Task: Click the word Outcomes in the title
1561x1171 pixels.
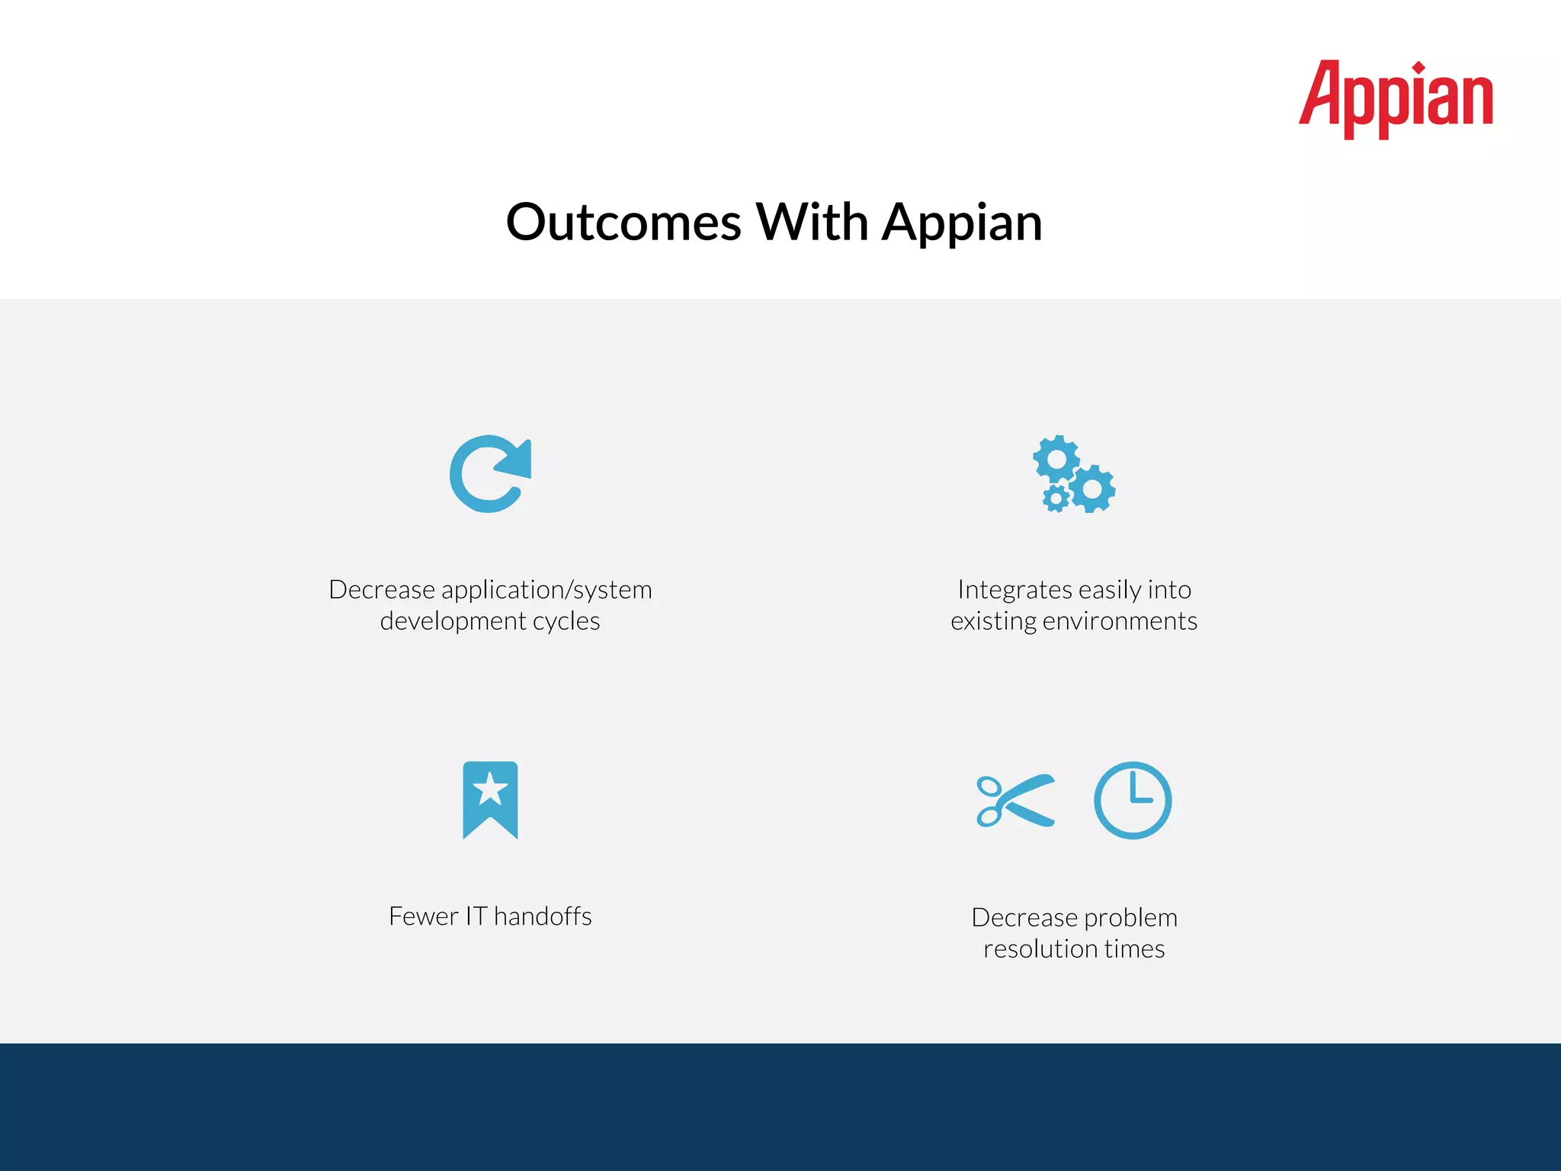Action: coord(623,223)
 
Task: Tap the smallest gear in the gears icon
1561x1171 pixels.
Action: coord(1056,499)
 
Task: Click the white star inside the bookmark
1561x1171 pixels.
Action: coord(490,788)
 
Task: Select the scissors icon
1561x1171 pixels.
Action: coord(1015,800)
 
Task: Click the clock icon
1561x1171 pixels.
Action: coord(1133,800)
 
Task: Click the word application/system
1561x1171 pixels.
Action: coord(547,591)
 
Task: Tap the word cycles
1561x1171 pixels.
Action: coord(566,622)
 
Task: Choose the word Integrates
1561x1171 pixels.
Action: coord(1014,591)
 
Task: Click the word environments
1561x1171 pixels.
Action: coord(1120,622)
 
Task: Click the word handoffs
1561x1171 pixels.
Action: coord(543,916)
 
